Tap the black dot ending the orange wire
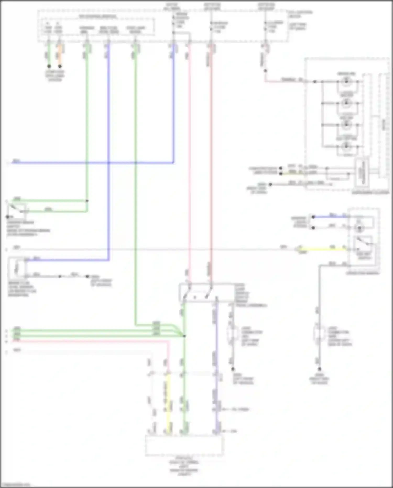point(60,66)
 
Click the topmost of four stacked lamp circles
point(346,82)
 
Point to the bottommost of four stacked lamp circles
point(346,146)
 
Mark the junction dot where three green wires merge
point(184,336)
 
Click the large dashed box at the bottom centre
point(184,446)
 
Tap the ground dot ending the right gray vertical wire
point(319,369)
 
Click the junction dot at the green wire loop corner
point(87,201)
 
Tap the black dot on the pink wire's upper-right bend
point(265,71)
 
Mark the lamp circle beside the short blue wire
point(359,228)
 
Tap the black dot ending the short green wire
point(49,66)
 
